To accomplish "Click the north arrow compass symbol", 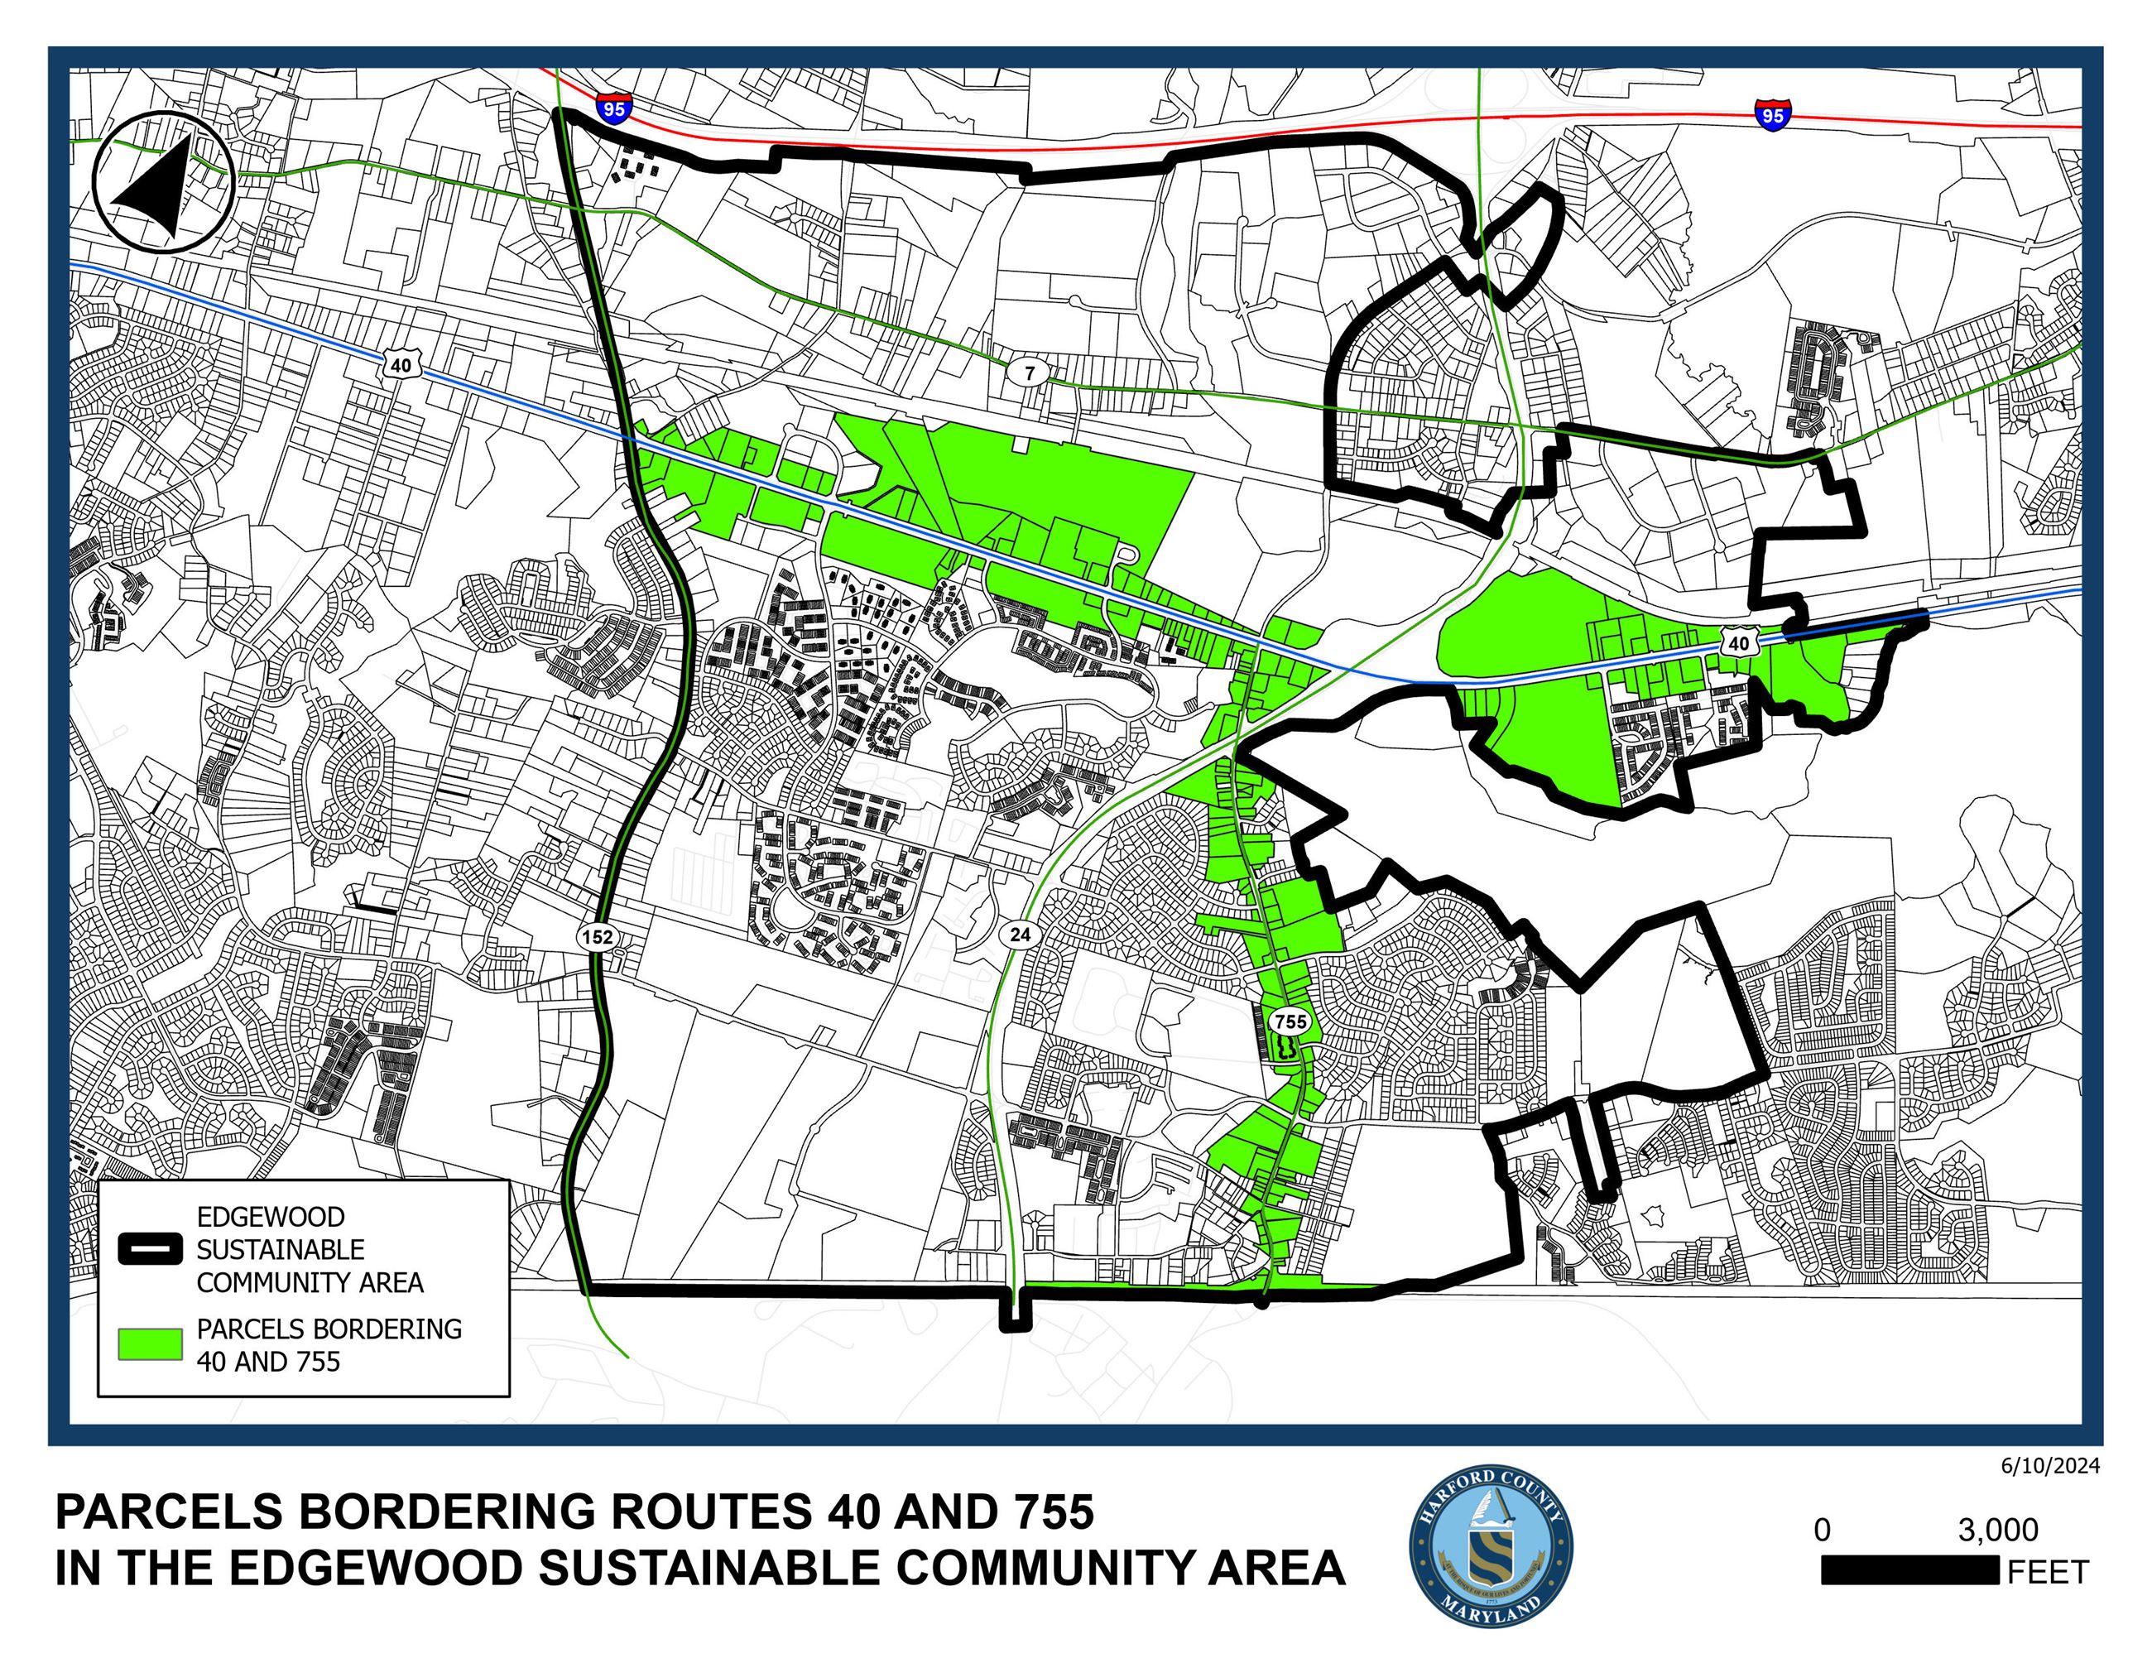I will (x=162, y=183).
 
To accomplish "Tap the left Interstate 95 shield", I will (x=612, y=108).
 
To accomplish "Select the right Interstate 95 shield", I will (x=1771, y=114).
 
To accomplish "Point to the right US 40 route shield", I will (x=1738, y=643).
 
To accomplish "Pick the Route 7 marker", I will (x=1030, y=373).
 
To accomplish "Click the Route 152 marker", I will (x=597, y=936).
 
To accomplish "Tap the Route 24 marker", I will (x=1020, y=933).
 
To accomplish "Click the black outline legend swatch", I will (x=150, y=1248).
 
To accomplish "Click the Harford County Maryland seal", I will (x=1491, y=1545).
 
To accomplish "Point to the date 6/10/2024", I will (x=2049, y=1466).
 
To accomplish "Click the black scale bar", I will (x=1909, y=1570).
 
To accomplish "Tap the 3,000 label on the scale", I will (x=1997, y=1530).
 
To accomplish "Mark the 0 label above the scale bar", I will (x=1822, y=1530).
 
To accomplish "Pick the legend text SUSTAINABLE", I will (x=281, y=1249).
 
